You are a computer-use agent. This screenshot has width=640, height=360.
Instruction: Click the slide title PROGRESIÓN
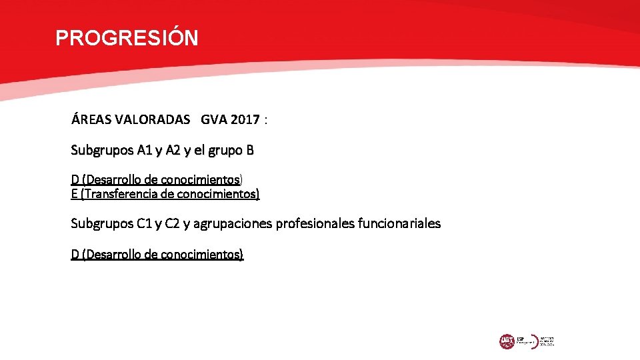[127, 38]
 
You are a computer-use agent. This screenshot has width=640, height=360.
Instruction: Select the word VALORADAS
[150, 120]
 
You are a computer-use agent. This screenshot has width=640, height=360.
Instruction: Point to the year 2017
[246, 120]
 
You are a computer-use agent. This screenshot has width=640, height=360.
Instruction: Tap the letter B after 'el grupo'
[249, 150]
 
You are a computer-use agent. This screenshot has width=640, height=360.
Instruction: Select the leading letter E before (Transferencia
[74, 194]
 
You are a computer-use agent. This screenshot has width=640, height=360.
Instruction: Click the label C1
[144, 223]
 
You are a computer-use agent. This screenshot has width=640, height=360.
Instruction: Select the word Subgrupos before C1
[102, 223]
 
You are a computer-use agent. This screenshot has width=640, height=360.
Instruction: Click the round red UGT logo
[507, 341]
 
